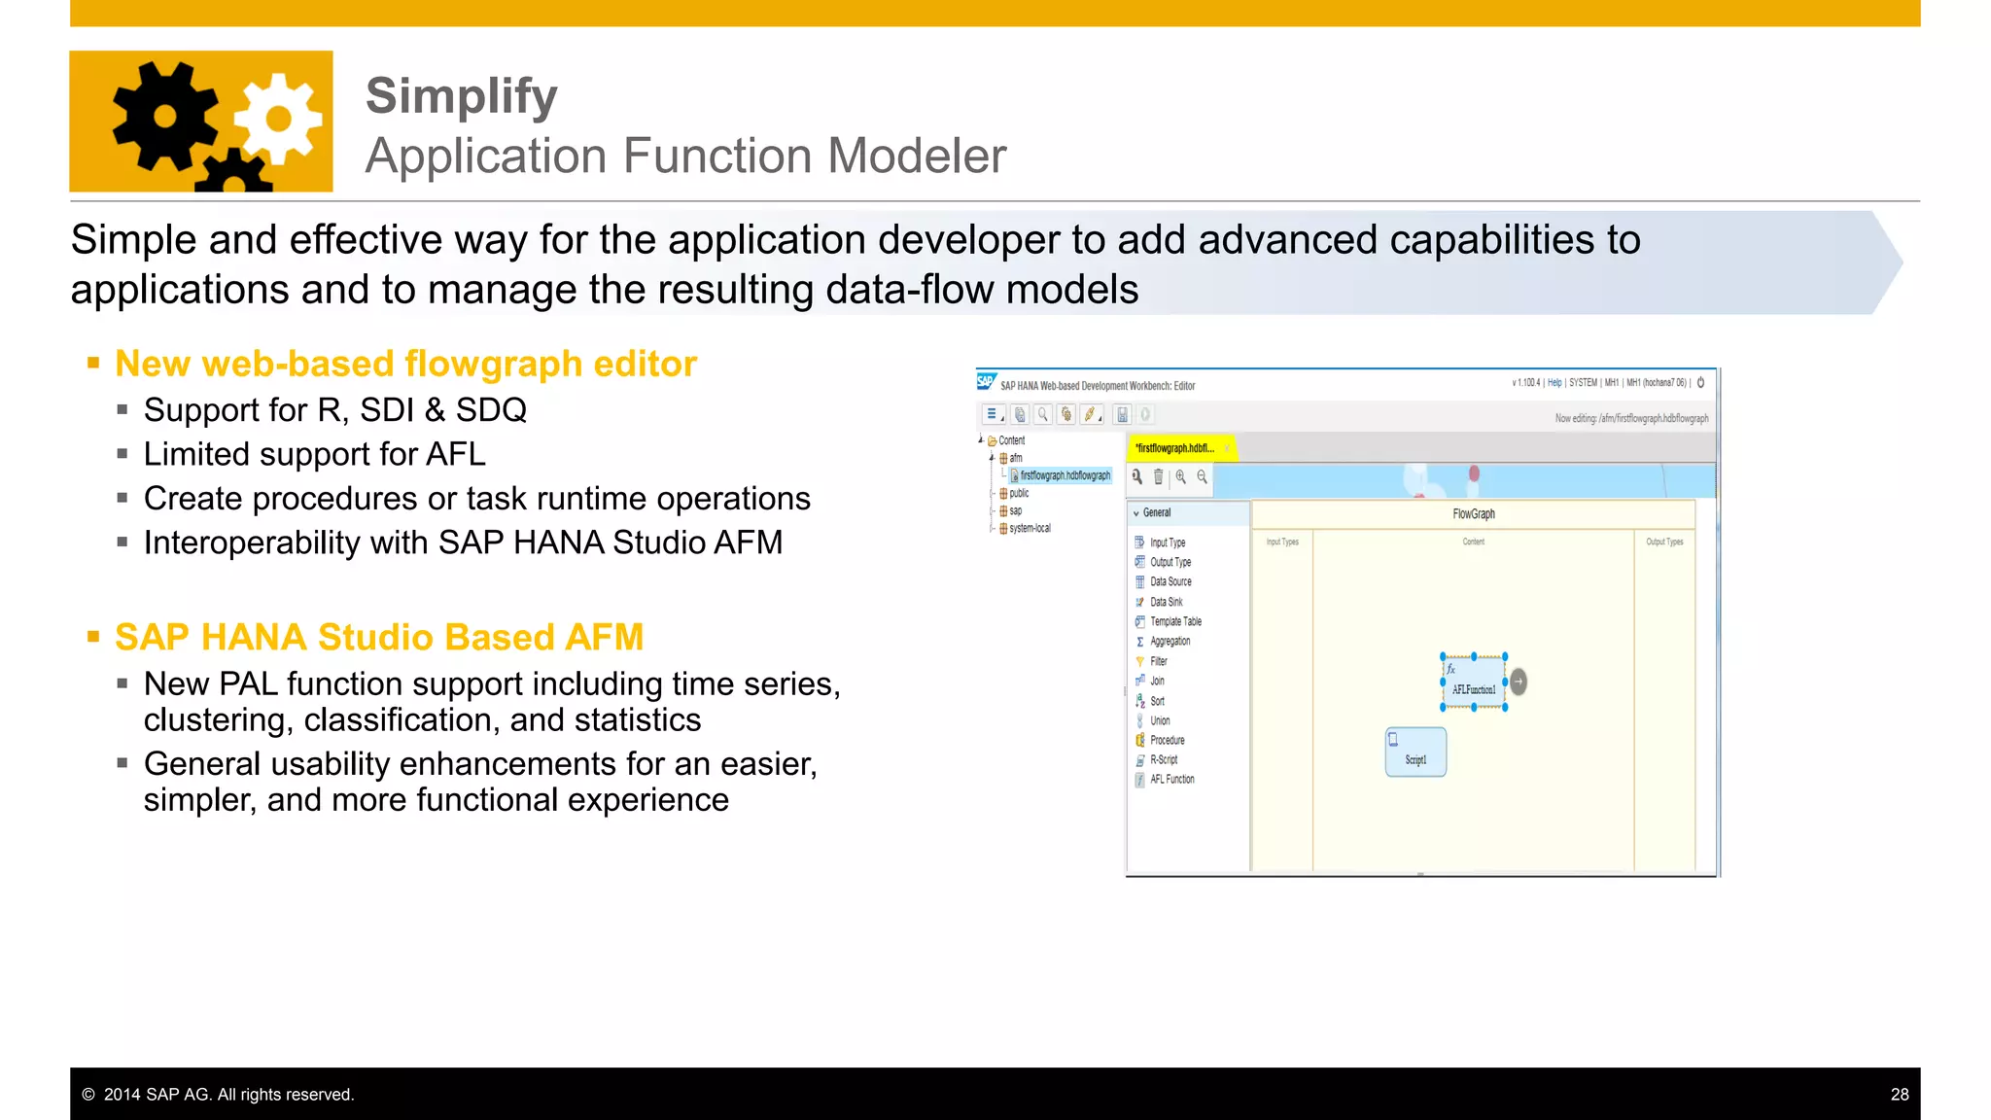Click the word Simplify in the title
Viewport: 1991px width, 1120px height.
(x=461, y=96)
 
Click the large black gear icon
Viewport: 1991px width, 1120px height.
(x=164, y=117)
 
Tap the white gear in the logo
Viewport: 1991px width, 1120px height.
(x=279, y=119)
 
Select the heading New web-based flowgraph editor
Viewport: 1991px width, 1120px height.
(x=405, y=364)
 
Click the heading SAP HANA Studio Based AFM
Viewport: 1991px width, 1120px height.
(x=379, y=637)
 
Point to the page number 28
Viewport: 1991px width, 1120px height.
(x=1899, y=1095)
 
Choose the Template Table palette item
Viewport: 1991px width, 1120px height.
(x=1175, y=621)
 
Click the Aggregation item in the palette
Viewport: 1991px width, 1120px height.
(x=1170, y=642)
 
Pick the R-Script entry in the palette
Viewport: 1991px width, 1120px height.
(x=1163, y=760)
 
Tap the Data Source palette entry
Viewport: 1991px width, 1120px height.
(x=1170, y=581)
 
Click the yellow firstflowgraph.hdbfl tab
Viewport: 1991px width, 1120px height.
(x=1175, y=448)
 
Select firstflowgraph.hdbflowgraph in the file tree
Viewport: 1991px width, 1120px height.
(x=1065, y=475)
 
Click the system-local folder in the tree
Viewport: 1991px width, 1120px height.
(x=1030, y=528)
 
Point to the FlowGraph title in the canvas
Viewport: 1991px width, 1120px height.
(x=1473, y=513)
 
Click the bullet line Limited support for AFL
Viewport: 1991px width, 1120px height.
(x=314, y=454)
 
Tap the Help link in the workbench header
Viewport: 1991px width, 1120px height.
(x=1554, y=383)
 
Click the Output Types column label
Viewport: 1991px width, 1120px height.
(x=1663, y=542)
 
